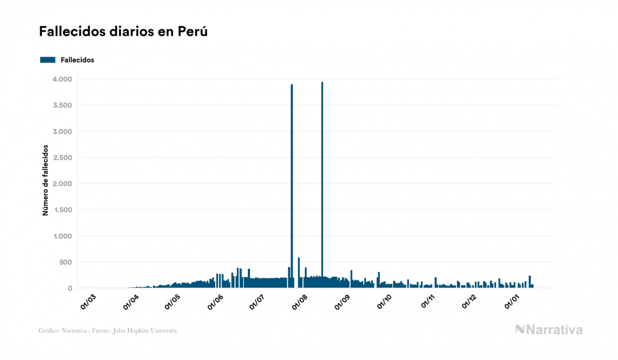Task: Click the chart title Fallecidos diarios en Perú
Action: pos(123,32)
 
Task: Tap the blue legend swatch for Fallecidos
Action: pos(48,60)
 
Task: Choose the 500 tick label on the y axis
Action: pos(65,262)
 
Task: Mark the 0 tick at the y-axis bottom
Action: pos(69,288)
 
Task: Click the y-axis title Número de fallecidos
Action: pos(45,180)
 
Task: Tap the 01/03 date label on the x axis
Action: pos(89,301)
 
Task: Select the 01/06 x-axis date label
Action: pos(216,301)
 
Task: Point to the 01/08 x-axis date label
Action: pos(300,301)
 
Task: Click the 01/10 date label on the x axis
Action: pos(385,301)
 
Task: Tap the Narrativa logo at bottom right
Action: pos(549,330)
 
